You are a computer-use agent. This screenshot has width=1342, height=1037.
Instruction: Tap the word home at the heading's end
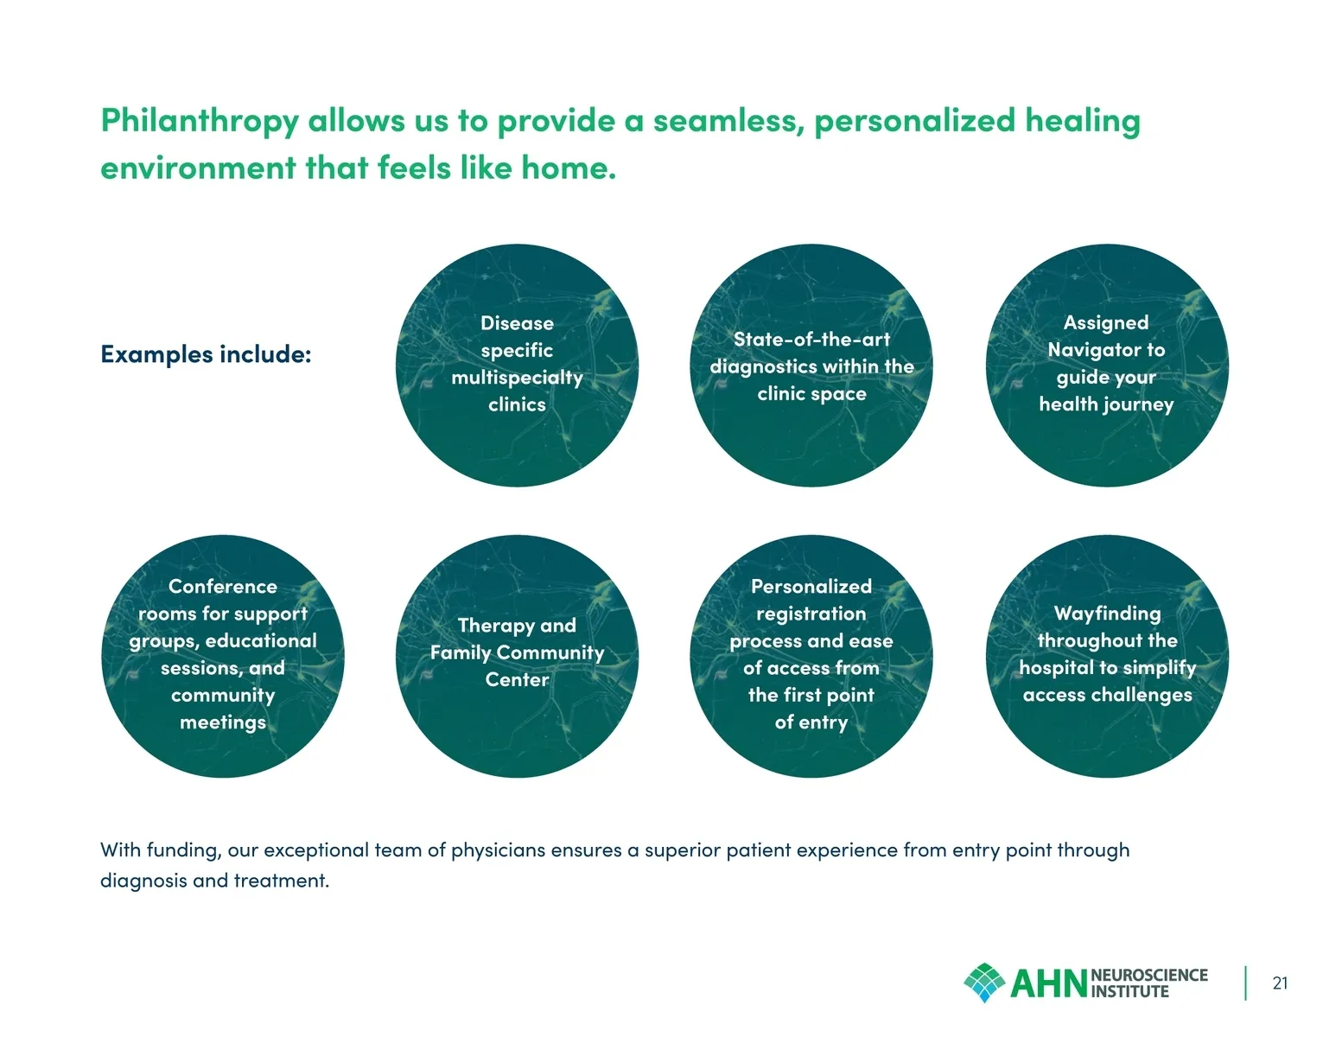[x=569, y=168]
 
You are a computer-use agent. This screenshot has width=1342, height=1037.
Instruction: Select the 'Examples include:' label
[x=207, y=354]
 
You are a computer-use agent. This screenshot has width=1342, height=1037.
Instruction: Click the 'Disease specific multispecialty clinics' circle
[x=517, y=365]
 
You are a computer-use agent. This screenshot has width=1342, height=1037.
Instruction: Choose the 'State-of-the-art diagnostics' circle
[x=811, y=365]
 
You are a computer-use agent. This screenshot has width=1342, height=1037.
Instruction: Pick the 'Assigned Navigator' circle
[x=1107, y=365]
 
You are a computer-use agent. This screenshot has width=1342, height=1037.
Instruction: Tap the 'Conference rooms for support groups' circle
[x=223, y=656]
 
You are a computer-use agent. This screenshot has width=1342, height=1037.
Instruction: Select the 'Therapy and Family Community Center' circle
[x=517, y=656]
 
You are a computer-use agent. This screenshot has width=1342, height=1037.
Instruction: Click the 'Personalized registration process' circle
[x=811, y=656]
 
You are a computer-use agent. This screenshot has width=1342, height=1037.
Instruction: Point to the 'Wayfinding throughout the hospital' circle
[x=1107, y=656]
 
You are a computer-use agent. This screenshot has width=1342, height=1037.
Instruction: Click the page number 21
[x=1280, y=983]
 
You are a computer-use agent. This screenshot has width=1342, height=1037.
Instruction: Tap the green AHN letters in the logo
[x=1048, y=984]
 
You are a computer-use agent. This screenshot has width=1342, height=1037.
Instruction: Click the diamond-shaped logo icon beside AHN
[x=984, y=982]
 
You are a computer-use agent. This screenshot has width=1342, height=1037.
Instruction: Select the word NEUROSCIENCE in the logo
[x=1149, y=976]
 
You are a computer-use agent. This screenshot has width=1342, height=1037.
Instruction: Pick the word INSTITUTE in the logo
[x=1129, y=992]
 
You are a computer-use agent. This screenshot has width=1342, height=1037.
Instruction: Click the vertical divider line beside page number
[x=1245, y=983]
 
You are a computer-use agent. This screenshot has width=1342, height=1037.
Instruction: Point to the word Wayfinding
[x=1107, y=614]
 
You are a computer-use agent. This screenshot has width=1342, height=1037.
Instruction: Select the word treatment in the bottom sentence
[x=281, y=881]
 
